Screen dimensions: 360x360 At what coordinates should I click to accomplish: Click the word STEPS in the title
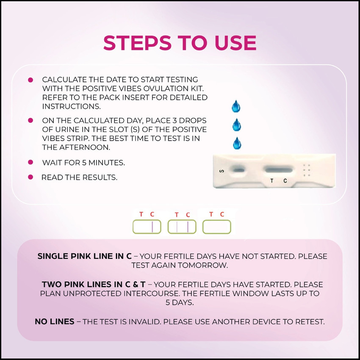[138, 43]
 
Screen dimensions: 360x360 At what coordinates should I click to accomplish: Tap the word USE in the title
[235, 43]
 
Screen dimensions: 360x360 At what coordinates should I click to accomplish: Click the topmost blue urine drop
[236, 106]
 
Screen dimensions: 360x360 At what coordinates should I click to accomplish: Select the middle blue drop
[236, 125]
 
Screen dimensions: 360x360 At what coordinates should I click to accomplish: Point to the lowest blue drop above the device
[237, 143]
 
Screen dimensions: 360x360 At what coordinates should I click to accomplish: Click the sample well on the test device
[239, 170]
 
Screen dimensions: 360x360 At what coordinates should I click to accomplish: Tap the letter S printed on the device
[222, 171]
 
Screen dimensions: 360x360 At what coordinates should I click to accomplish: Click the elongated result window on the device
[279, 170]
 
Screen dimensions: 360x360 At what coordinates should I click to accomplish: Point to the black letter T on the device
[272, 181]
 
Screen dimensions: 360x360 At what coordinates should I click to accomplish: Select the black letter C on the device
[285, 181]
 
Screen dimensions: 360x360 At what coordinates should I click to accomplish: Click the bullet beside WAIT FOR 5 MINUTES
[30, 162]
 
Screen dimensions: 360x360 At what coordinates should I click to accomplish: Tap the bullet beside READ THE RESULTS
[30, 177]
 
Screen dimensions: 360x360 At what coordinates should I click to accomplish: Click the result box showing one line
[147, 227]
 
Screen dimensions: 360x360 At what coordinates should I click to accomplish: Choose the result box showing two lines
[182, 227]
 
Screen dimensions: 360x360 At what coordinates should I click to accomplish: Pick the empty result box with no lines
[217, 227]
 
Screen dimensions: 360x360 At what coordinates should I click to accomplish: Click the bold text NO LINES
[55, 321]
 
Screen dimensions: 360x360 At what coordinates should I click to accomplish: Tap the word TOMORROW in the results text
[203, 265]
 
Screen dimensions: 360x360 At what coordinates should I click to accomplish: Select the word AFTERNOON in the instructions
[85, 147]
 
